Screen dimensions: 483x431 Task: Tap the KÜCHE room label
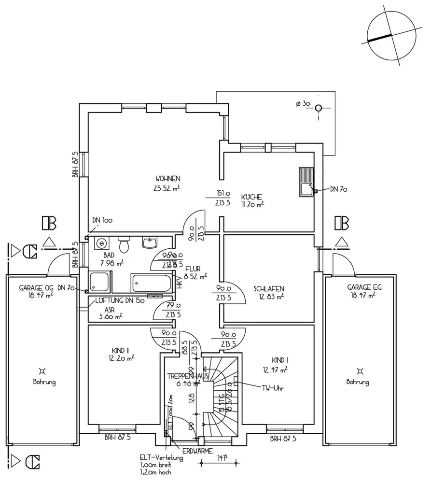[251, 197]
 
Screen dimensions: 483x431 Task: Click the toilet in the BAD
[125, 244]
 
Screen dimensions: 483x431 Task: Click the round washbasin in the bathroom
[101, 243]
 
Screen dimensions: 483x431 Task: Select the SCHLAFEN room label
[269, 289]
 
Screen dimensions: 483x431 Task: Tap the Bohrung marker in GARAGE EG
[357, 371]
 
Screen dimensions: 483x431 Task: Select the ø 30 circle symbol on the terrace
[318, 108]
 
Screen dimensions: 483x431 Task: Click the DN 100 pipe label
[102, 220]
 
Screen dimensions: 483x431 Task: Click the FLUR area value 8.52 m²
[196, 277]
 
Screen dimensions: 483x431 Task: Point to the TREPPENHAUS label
[187, 375]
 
